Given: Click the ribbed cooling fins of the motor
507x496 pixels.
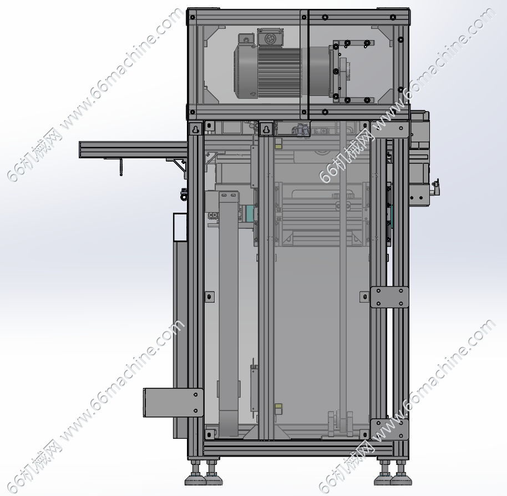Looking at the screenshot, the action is point(280,72).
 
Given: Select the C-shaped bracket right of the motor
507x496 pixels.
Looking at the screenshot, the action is point(352,71).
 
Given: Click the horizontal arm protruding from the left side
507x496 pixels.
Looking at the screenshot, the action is point(133,150).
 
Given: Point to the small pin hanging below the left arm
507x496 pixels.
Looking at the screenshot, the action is point(121,167).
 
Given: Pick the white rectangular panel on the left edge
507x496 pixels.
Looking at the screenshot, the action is point(180,227).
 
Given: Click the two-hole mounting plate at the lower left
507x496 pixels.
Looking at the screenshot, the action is point(173,403).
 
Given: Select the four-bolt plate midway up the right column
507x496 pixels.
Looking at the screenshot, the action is point(389,297).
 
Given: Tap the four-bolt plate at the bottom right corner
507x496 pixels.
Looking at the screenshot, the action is point(389,429).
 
